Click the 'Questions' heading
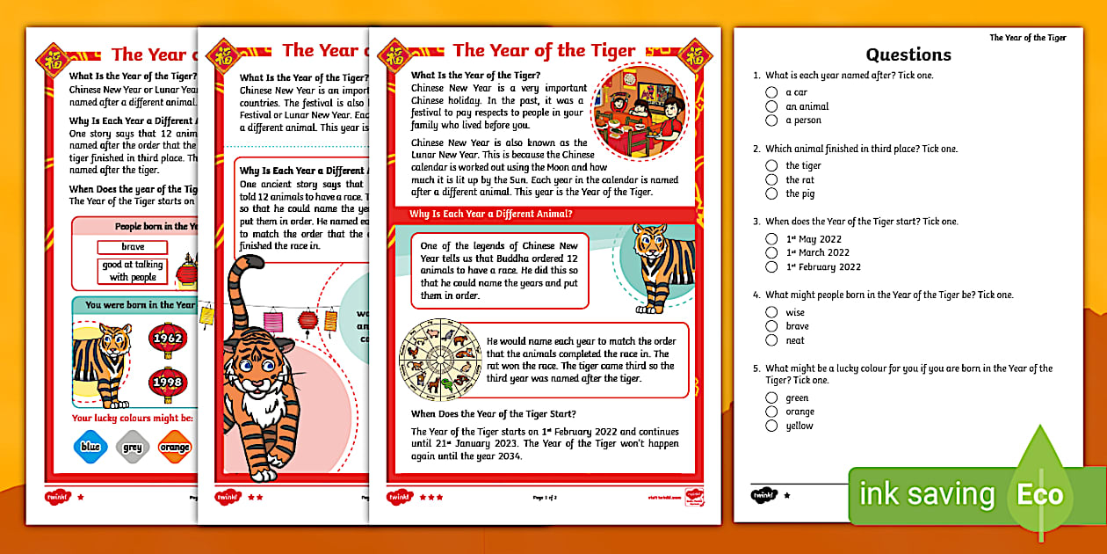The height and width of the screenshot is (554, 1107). coord(908,55)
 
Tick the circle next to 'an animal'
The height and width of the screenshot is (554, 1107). coord(771,106)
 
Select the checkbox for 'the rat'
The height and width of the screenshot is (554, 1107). coord(771,179)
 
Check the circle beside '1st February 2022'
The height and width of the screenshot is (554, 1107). coord(771,266)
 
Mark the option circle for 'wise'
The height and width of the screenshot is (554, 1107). coord(771,312)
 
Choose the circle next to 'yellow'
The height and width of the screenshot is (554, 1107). coord(771,426)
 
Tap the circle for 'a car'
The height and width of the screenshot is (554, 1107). coord(771,92)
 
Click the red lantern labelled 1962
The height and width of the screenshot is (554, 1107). coord(167,339)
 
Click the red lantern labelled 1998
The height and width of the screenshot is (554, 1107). coord(167,382)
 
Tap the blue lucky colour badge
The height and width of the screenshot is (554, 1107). coord(90,447)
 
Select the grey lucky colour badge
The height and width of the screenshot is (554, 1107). coord(133,447)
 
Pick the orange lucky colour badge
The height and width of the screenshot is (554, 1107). coord(175,447)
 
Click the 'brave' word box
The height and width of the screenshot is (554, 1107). coord(133,247)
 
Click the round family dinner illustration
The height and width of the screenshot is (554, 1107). coord(638,110)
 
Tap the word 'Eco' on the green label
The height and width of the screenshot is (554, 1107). coord(1040,494)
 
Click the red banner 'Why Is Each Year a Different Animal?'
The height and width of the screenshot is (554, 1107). coord(491,214)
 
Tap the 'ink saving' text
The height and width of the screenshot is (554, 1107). coord(927,494)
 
